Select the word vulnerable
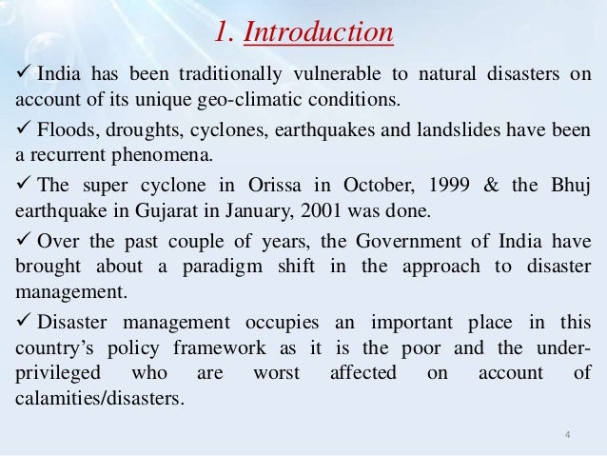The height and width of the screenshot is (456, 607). (335, 76)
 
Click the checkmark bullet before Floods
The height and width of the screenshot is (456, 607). (19, 130)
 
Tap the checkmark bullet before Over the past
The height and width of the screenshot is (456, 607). (19, 239)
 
